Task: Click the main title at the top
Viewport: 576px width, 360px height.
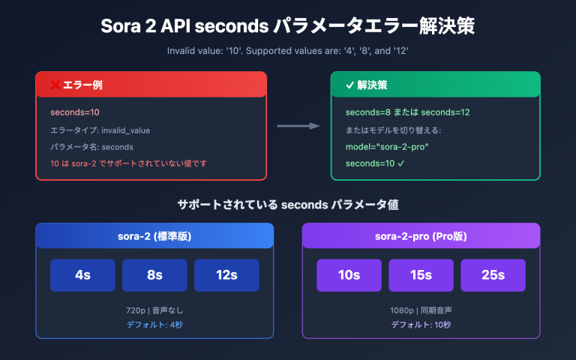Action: (287, 26)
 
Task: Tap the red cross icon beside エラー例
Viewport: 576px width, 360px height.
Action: (55, 85)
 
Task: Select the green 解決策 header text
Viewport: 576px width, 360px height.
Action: (371, 85)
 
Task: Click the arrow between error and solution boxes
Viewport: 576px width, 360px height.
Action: (298, 126)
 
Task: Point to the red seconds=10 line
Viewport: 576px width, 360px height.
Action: (75, 112)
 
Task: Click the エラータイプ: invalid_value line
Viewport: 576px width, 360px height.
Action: (100, 130)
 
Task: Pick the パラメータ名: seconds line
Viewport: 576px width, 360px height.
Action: (91, 146)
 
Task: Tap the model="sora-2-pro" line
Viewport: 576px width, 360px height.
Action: (386, 146)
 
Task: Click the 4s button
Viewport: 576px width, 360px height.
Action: (82, 275)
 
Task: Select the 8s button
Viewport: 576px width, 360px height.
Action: (154, 275)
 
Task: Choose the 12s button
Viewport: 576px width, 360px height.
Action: (226, 275)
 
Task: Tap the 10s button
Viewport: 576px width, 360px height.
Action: (349, 275)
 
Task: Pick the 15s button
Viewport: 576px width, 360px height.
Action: (421, 275)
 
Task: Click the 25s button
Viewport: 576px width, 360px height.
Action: (493, 275)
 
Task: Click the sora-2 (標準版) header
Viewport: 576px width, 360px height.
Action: (154, 236)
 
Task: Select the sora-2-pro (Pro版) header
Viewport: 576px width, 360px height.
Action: (421, 236)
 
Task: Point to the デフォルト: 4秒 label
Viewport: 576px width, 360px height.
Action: (154, 324)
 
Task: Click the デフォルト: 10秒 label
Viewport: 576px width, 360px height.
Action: (421, 324)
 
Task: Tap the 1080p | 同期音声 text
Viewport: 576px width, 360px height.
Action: (421, 310)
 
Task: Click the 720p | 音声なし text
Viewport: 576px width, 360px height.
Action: (154, 310)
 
